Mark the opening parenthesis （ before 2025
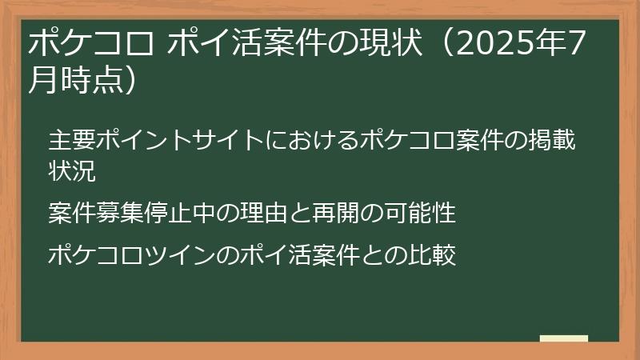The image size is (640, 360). (443, 44)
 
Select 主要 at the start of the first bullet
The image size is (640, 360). (71, 140)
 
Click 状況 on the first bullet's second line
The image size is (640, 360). (71, 170)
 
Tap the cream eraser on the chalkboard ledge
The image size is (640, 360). (563, 339)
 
